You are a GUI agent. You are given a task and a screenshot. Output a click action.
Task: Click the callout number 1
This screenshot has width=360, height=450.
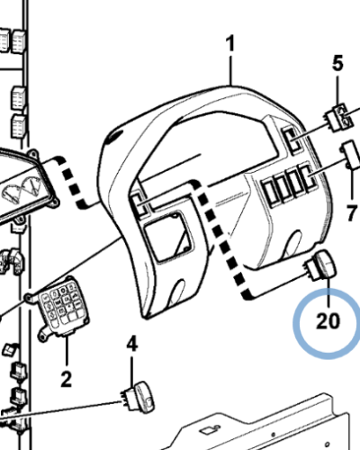tap(230, 43)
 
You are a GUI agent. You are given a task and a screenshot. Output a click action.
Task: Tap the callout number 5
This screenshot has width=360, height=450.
tap(337, 64)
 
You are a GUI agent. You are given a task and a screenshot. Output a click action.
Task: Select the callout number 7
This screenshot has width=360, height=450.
tap(352, 212)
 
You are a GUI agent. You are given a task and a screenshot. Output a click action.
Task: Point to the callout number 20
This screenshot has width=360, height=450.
tap(328, 321)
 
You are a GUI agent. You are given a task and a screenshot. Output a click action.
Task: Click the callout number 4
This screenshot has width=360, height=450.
tap(132, 344)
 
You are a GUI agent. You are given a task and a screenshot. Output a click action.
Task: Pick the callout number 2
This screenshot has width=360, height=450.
tap(66, 379)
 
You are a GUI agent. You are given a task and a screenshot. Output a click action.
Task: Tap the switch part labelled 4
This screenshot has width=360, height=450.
tap(138, 398)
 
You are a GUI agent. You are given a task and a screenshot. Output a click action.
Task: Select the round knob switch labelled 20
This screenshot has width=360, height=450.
tap(320, 265)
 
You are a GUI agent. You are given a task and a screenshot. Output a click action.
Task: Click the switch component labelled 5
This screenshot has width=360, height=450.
tap(339, 117)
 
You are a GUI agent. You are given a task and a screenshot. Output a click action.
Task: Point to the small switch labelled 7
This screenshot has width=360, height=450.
tap(349, 155)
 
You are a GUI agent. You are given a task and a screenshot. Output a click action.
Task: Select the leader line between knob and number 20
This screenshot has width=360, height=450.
tap(329, 292)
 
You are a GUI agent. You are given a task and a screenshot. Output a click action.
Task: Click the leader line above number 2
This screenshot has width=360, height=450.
tap(67, 353)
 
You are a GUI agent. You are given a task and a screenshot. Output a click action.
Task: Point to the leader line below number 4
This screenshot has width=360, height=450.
tap(132, 370)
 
